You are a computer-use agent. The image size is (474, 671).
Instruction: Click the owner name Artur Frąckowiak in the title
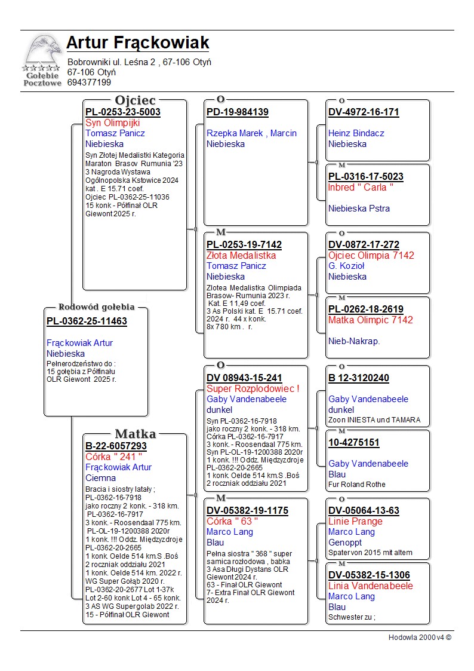click(x=138, y=43)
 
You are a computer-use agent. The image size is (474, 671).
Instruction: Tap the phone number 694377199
click(x=89, y=82)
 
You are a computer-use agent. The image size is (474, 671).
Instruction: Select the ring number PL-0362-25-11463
click(x=87, y=321)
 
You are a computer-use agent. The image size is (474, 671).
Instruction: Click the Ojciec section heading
click(x=135, y=100)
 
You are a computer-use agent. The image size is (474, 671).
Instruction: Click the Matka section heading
click(x=135, y=434)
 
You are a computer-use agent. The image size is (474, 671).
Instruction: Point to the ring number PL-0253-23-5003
click(x=123, y=112)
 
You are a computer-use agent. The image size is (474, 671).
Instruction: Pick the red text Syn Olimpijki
click(x=113, y=122)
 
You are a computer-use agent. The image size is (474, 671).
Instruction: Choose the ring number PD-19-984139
click(x=238, y=112)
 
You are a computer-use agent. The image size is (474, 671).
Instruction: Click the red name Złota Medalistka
click(x=241, y=255)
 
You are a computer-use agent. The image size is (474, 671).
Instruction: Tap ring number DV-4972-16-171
click(x=364, y=112)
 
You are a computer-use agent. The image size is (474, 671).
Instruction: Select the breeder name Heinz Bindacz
click(x=356, y=133)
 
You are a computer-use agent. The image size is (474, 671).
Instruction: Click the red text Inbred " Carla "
click(x=361, y=187)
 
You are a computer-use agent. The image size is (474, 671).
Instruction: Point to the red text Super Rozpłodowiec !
click(x=253, y=388)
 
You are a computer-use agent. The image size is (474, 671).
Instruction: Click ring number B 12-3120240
click(x=359, y=378)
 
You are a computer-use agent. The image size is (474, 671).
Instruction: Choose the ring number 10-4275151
click(x=354, y=443)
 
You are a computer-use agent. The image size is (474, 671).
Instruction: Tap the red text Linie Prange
click(x=356, y=521)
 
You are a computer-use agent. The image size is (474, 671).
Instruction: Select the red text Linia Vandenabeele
click(x=371, y=586)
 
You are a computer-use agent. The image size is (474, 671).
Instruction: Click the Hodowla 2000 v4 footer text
click(x=420, y=638)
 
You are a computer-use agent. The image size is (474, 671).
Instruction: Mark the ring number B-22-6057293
click(x=116, y=446)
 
